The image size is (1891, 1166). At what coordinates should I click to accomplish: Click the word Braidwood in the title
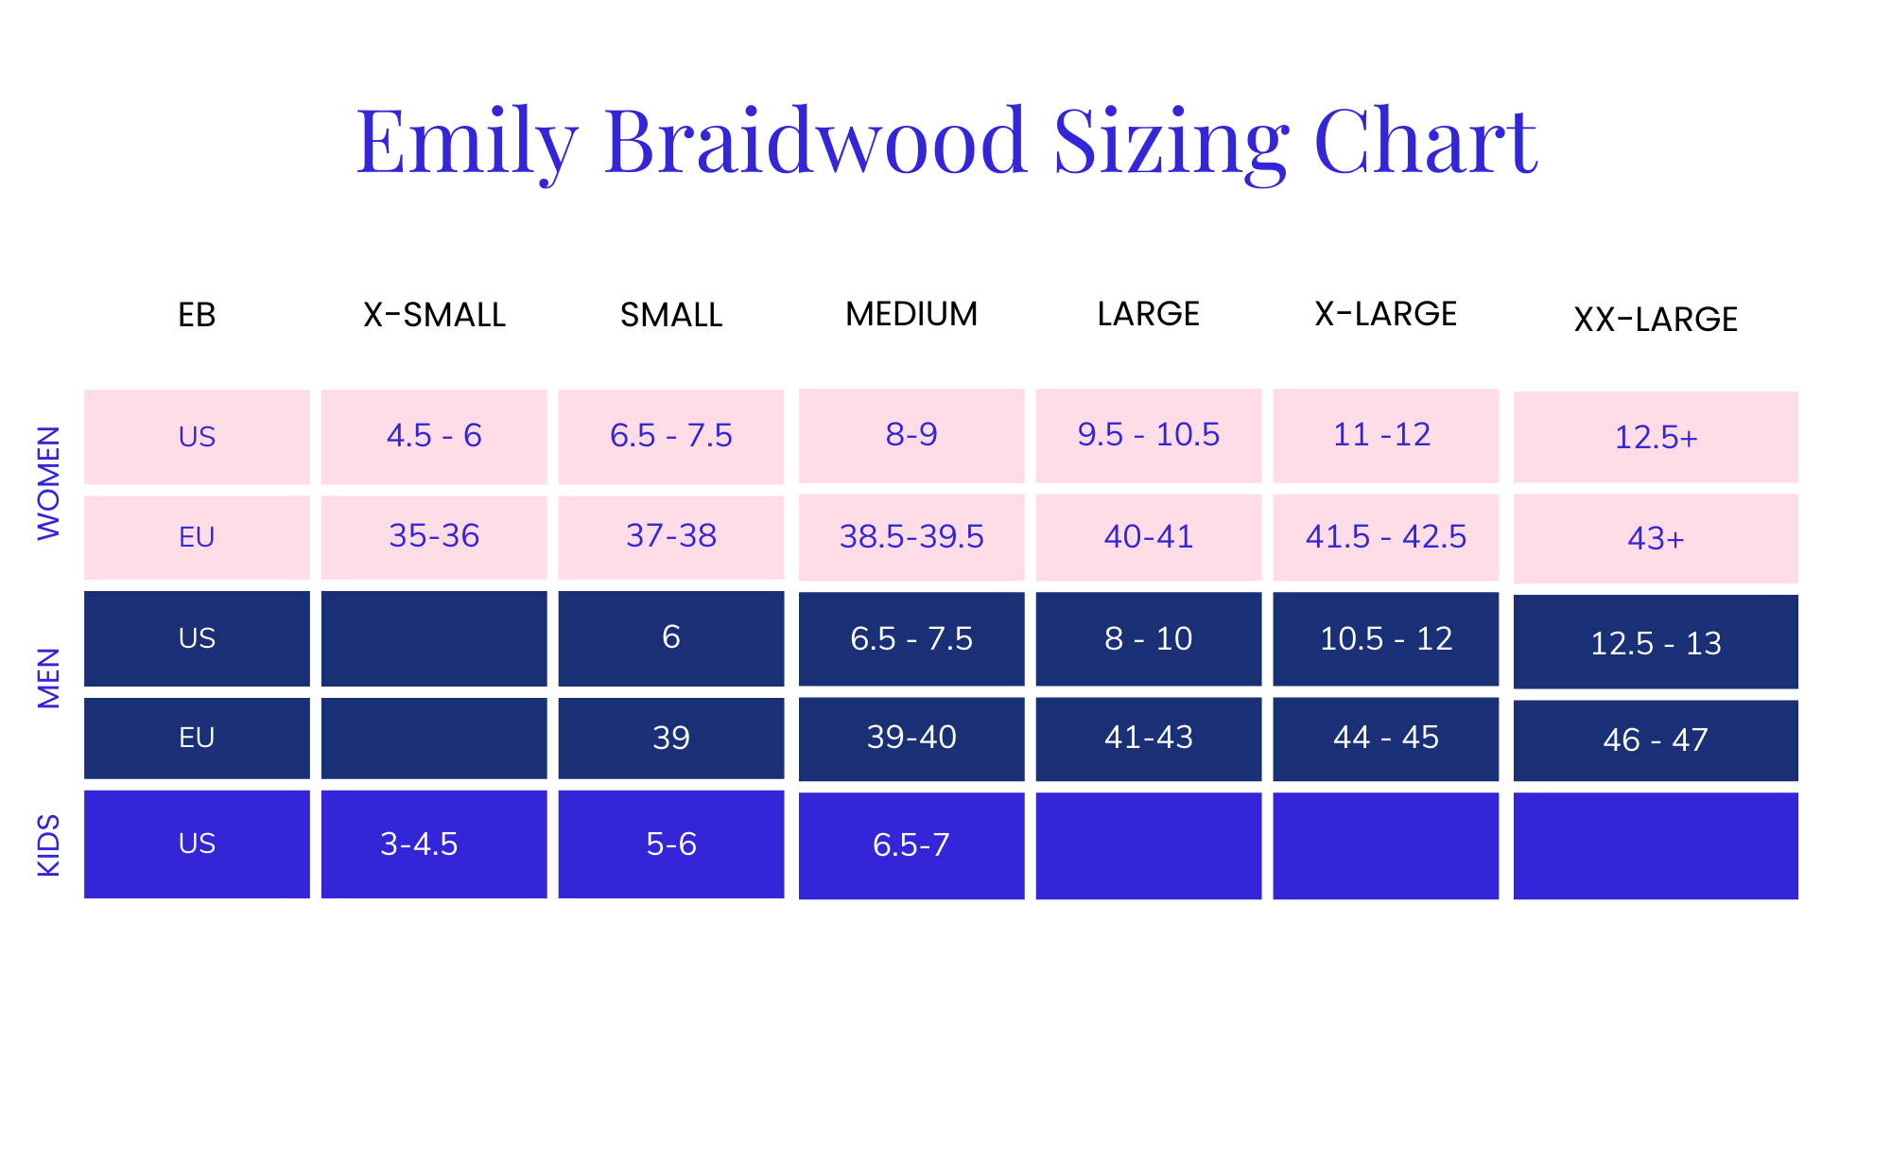[814, 141]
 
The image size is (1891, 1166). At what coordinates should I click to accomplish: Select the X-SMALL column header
[434, 315]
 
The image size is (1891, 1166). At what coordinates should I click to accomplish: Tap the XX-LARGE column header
[1656, 320]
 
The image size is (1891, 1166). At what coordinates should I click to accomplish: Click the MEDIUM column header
[911, 314]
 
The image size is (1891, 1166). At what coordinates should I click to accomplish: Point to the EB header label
[197, 315]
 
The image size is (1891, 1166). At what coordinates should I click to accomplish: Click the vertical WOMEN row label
[48, 483]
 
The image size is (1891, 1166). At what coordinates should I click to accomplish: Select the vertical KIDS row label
[48, 844]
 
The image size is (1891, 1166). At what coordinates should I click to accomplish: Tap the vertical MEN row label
[48, 678]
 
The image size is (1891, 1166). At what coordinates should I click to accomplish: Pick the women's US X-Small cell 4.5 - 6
[434, 436]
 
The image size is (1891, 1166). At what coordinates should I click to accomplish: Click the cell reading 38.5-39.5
[911, 537]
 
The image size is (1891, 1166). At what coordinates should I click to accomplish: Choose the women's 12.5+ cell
[1656, 438]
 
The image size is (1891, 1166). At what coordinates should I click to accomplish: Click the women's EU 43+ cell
[1656, 539]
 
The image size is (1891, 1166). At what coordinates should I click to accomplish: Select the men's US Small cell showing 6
[670, 637]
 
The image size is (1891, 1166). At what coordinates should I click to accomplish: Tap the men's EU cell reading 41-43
[1148, 738]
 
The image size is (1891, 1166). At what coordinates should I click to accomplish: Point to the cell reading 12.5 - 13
[1656, 644]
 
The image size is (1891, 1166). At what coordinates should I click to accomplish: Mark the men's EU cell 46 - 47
[1656, 740]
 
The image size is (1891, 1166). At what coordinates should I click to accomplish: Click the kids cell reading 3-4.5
[419, 844]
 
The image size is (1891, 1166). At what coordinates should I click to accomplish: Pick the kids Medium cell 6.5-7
[911, 845]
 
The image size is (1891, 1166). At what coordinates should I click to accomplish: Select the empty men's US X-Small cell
[434, 638]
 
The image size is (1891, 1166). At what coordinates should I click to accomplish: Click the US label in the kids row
[197, 844]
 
